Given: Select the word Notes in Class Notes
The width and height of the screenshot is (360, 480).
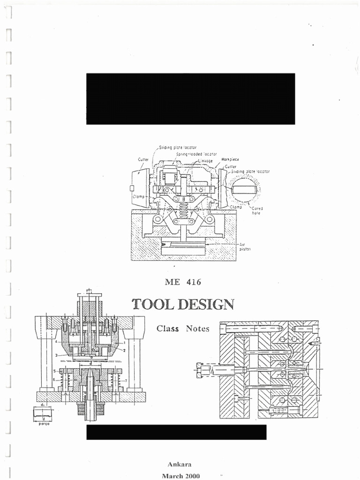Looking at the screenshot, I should (x=197, y=329).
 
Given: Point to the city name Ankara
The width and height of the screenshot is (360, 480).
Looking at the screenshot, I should (x=180, y=464).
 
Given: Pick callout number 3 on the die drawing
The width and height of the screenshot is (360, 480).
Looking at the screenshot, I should (x=56, y=356).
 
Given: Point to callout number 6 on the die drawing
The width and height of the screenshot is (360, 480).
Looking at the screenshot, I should (x=54, y=379).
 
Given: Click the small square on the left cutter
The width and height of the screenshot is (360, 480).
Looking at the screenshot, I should (x=132, y=188).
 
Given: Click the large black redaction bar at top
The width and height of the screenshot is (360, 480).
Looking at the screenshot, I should (x=190, y=98).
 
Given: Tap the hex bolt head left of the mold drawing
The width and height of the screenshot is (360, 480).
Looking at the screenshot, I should (x=202, y=369).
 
